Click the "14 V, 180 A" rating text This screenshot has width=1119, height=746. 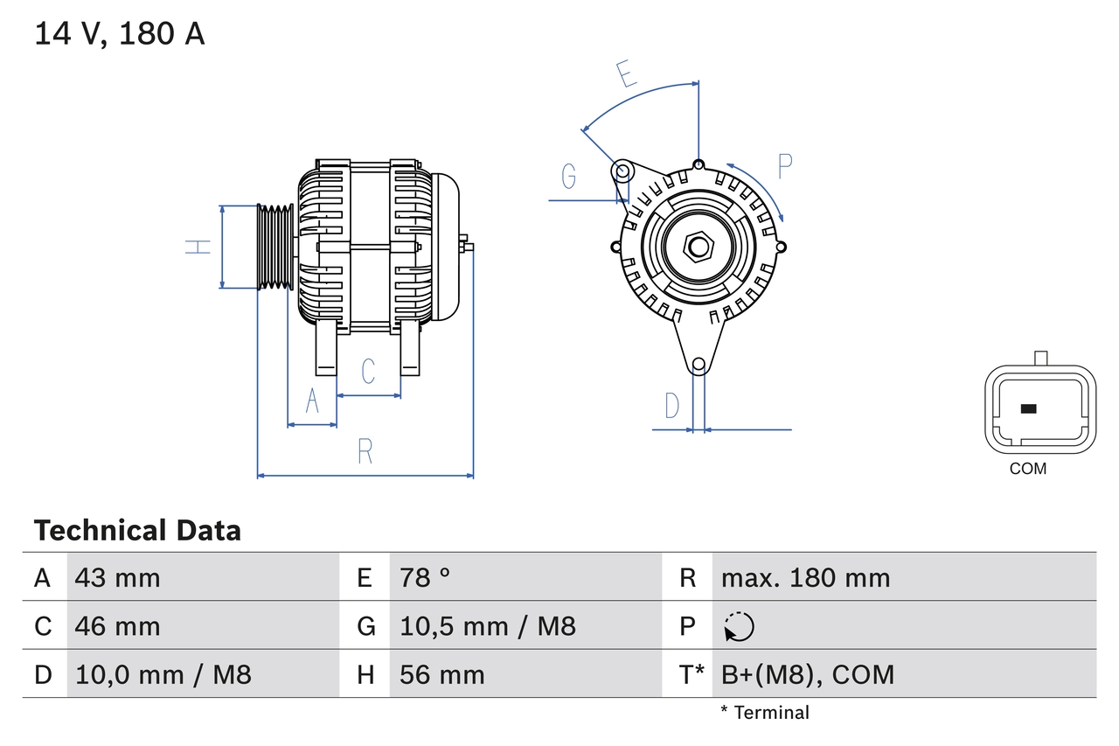pyautogui.click(x=120, y=34)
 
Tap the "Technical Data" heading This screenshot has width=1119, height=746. pyautogui.click(x=137, y=531)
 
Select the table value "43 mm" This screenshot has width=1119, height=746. pyautogui.click(x=117, y=577)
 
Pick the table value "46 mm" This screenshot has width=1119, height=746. pyautogui.click(x=117, y=626)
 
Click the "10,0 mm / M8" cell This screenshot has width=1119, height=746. pyautogui.click(x=163, y=674)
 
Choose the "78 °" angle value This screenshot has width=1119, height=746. pyautogui.click(x=425, y=577)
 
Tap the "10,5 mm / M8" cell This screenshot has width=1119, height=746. pyautogui.click(x=487, y=626)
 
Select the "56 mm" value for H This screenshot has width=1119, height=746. pyautogui.click(x=441, y=674)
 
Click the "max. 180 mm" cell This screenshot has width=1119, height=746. pyautogui.click(x=805, y=577)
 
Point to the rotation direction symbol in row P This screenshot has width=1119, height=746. pyautogui.click(x=739, y=626)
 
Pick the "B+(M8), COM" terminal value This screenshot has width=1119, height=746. pyautogui.click(x=808, y=674)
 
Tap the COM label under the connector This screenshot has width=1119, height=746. pyautogui.click(x=1027, y=469)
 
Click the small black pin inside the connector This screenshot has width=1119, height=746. pyautogui.click(x=1028, y=408)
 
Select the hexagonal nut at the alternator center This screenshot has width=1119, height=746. pyautogui.click(x=697, y=247)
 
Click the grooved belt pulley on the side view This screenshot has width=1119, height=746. pyautogui.click(x=275, y=248)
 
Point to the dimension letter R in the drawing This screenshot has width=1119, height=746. pyautogui.click(x=365, y=451)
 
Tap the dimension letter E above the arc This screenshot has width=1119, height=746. pyautogui.click(x=626, y=75)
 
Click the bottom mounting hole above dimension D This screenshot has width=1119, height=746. pyautogui.click(x=698, y=365)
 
